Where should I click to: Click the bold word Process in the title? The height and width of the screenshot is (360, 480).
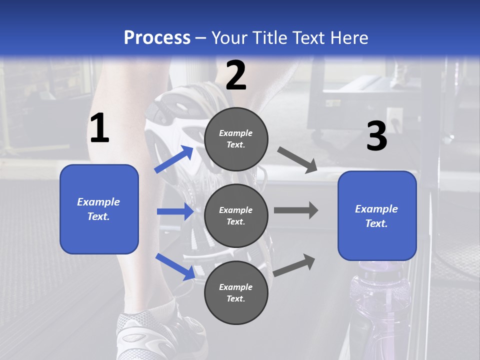click(x=157, y=38)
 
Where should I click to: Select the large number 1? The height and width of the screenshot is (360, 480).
click(x=99, y=128)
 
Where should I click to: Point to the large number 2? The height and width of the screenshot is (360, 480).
click(x=236, y=75)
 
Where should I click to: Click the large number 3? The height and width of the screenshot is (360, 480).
click(x=376, y=136)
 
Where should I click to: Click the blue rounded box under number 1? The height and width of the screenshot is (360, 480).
click(x=99, y=209)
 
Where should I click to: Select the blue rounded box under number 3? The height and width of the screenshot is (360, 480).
click(x=377, y=216)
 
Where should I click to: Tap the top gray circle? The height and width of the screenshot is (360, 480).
click(x=236, y=139)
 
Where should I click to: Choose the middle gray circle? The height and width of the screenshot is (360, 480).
click(x=236, y=216)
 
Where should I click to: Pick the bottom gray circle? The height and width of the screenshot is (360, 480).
click(x=236, y=293)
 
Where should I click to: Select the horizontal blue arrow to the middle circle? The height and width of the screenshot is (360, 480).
click(x=175, y=211)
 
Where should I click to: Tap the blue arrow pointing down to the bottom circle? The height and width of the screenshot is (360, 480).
click(x=175, y=266)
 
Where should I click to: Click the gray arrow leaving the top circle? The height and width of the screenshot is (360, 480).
click(x=297, y=160)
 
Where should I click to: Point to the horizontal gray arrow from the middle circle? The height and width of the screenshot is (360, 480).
click(x=296, y=210)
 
